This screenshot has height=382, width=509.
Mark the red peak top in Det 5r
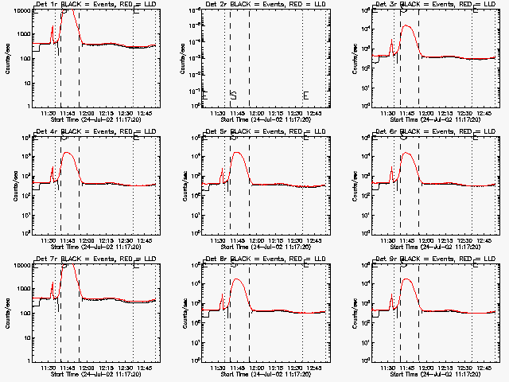(x=236, y=152)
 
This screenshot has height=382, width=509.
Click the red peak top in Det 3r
(x=406, y=25)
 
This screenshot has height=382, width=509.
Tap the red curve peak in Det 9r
(x=406, y=279)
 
